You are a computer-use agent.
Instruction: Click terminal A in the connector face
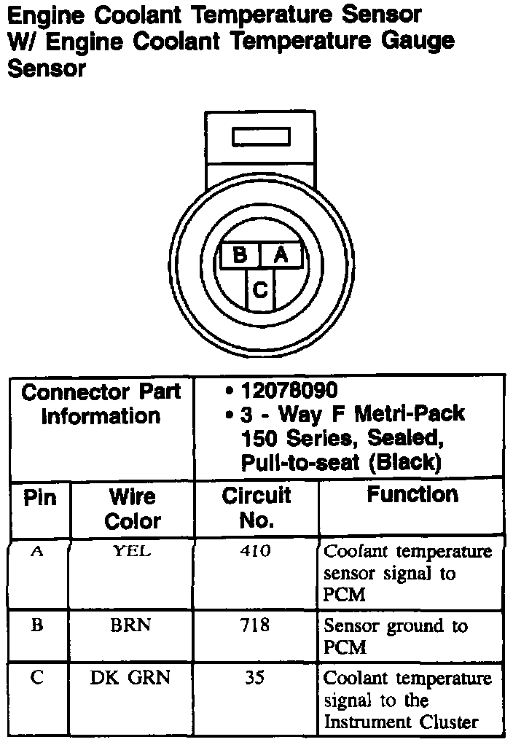click(281, 256)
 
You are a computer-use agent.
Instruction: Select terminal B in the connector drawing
click(240, 256)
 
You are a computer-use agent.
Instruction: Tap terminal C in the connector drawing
click(259, 290)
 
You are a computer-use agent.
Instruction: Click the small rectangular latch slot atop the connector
click(260, 137)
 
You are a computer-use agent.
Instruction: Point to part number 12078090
click(289, 391)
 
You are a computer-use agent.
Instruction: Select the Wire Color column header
click(132, 509)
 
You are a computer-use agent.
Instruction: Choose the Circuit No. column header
click(256, 507)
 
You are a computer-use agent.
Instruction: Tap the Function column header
click(412, 495)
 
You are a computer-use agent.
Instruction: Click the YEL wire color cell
click(132, 552)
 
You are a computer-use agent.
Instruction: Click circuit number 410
click(255, 552)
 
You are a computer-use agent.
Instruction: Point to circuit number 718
click(254, 625)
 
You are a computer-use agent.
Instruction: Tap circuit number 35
click(254, 678)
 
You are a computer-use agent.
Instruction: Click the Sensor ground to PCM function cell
click(395, 636)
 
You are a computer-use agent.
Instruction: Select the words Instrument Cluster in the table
click(401, 722)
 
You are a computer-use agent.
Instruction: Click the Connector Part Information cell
click(101, 405)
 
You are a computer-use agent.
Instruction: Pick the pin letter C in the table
click(37, 678)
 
